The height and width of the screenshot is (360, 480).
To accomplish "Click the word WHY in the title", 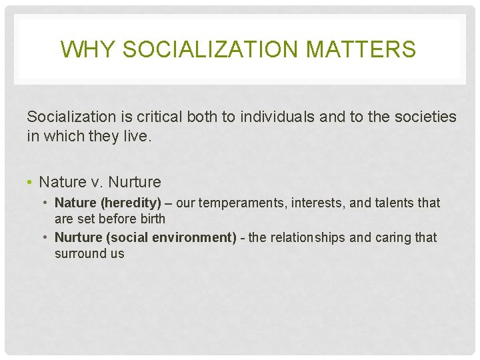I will point(79,49).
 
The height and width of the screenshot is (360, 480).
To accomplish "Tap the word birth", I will point(150,219).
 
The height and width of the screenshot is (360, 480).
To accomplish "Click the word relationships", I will point(306,237).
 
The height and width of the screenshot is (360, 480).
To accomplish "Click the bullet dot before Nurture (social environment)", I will point(47,237).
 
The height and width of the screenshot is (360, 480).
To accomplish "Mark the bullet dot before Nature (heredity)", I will point(47,203).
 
